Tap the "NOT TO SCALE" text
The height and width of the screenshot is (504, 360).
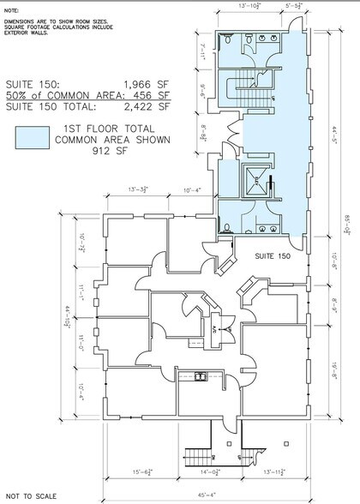tap(30, 495)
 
